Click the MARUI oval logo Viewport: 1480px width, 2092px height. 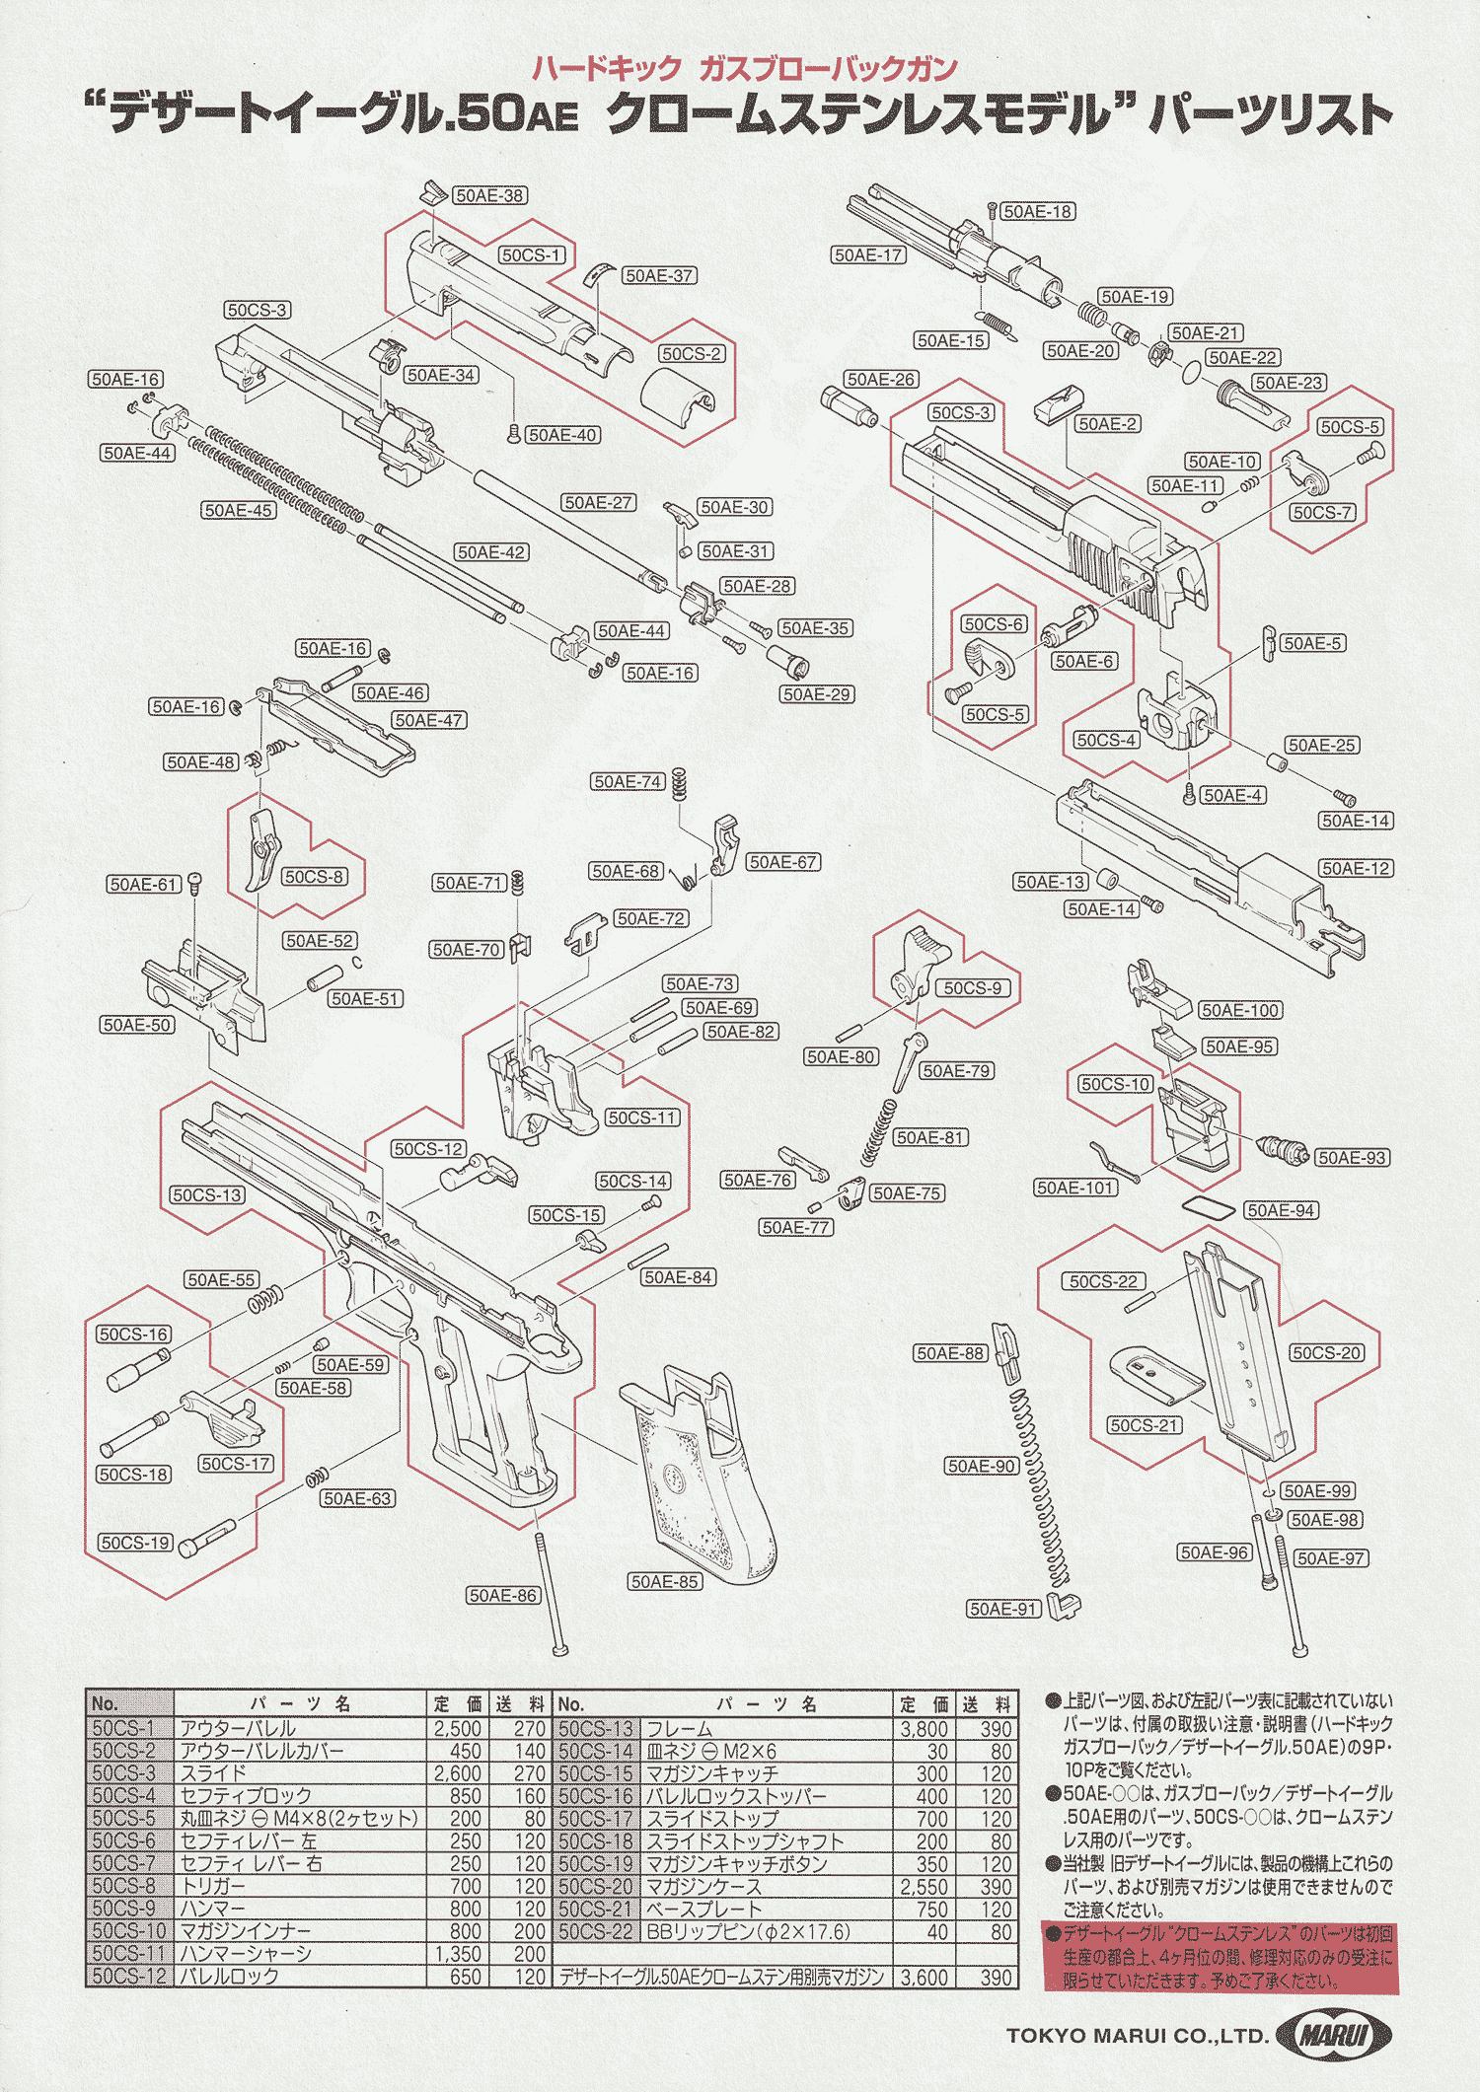(x=1333, y=2035)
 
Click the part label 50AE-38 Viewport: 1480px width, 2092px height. (x=488, y=195)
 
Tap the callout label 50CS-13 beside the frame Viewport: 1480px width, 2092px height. (x=207, y=1195)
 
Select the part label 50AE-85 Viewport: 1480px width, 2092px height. (x=665, y=1581)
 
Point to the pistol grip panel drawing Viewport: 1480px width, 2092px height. (x=701, y=1479)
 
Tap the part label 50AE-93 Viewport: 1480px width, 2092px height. (x=1352, y=1158)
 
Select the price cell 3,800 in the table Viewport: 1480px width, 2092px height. (x=925, y=1729)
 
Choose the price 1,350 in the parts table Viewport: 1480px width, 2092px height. (x=458, y=1954)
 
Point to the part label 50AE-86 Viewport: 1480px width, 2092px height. (x=503, y=1595)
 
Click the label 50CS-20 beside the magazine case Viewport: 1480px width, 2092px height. (x=1327, y=1353)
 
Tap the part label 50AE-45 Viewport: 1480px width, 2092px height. (x=238, y=510)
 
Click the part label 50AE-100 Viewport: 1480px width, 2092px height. (x=1240, y=1010)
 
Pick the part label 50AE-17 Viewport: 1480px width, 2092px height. (x=868, y=255)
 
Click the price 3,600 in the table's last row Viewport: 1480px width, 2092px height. (x=925, y=1977)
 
